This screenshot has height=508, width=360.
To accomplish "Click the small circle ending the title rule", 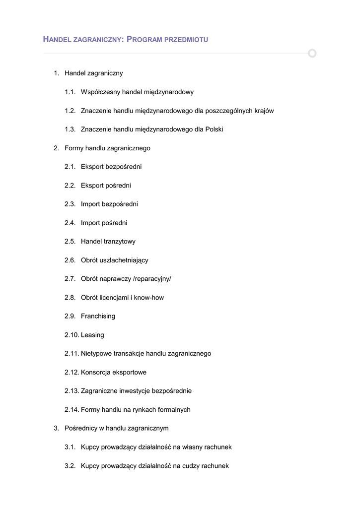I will pos(312,53).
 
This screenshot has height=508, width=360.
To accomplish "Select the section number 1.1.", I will pos(70,92).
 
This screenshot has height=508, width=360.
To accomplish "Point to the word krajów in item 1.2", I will pos(263,111).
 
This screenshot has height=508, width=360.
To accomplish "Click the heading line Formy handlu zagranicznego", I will pos(107,148).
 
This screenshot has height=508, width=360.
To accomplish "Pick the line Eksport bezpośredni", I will pos(111,167).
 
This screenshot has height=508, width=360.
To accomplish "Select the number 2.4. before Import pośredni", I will pos(70,223).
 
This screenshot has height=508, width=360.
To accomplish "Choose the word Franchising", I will pos(98,316).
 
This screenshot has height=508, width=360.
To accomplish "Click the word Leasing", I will pos(92,335).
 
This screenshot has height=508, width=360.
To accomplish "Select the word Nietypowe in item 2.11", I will pos(97,354).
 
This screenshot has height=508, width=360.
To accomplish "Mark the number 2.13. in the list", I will pos(72,391).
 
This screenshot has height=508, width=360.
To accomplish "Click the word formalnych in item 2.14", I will pos(173,410).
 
